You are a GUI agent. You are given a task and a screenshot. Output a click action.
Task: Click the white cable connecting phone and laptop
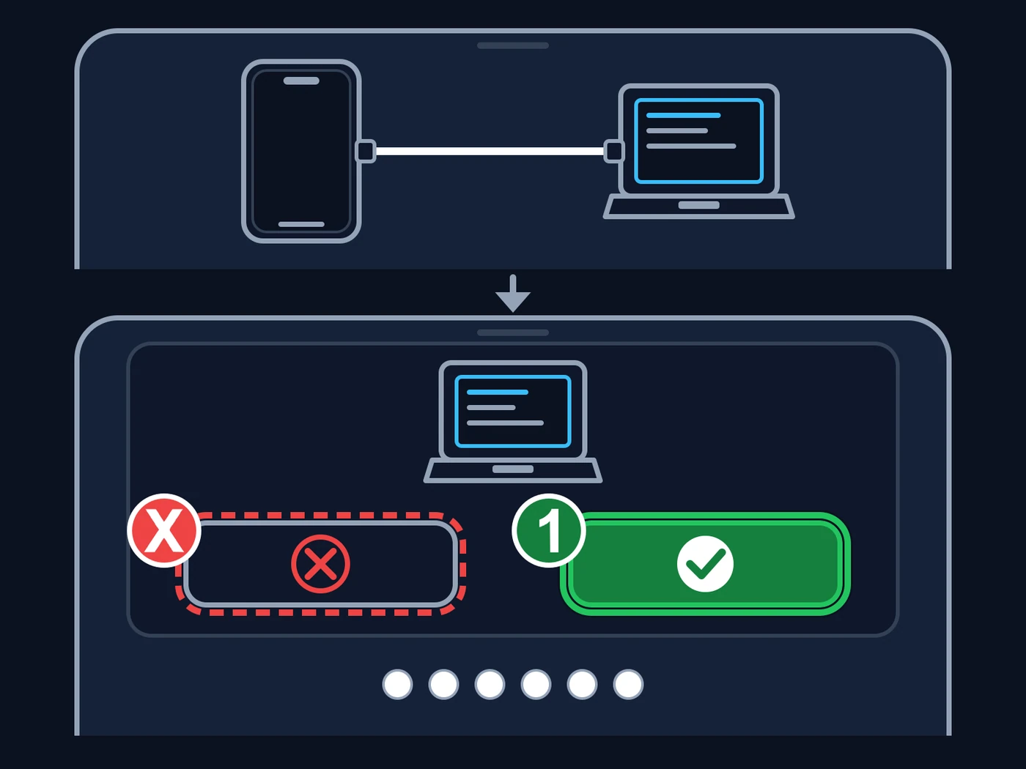point(490,152)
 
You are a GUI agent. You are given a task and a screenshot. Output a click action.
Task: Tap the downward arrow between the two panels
point(513,294)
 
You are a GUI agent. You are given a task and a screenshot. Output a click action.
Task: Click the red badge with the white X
point(164,530)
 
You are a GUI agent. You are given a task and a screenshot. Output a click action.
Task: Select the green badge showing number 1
point(549,530)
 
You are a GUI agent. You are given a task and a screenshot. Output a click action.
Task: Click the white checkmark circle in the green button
point(705,564)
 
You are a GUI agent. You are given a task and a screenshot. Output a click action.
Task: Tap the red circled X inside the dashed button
point(321,564)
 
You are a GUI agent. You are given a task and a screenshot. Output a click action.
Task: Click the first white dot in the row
point(397,685)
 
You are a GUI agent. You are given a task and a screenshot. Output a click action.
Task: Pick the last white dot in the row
point(628,685)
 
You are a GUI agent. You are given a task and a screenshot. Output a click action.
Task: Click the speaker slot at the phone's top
point(301,81)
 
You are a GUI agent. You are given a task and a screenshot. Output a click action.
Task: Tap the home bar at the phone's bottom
point(301,224)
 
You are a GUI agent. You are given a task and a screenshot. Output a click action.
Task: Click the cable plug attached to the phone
point(366,152)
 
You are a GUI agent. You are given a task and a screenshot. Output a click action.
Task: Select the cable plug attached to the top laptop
point(613,152)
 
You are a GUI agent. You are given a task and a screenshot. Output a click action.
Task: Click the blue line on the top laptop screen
point(683,115)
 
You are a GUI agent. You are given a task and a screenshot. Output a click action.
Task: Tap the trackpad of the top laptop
point(699,205)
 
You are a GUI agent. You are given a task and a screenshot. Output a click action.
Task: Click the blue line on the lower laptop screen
point(498,393)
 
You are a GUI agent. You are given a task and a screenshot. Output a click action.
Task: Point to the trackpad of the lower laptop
point(513,469)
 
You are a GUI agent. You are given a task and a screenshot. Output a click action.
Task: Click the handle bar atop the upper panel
point(513,45)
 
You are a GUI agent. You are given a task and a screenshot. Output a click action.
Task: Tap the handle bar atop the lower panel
point(513,333)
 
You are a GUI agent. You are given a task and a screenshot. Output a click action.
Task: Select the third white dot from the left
point(490,685)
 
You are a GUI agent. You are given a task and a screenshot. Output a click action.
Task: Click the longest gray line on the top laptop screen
point(691,146)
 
